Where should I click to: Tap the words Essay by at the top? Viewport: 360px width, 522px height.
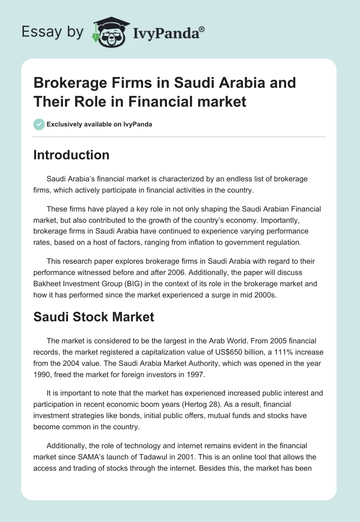click(x=53, y=32)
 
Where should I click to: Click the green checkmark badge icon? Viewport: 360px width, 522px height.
click(x=39, y=124)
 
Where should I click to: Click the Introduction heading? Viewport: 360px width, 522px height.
click(x=72, y=155)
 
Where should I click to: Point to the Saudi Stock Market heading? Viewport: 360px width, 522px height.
click(x=94, y=317)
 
